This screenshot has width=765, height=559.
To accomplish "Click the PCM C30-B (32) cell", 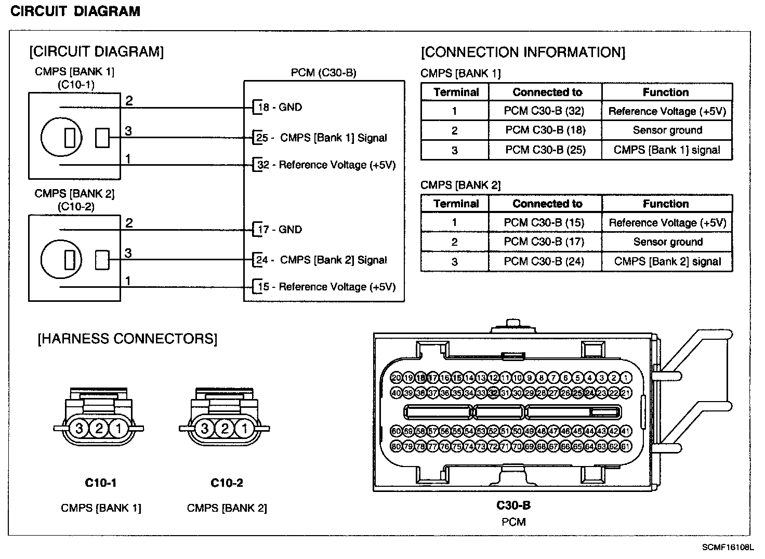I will (544, 111).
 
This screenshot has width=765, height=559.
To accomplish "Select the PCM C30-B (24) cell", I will (544, 261).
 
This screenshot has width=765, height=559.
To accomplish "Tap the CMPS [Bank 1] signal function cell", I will (667, 150).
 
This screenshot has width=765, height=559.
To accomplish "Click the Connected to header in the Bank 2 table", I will (547, 204).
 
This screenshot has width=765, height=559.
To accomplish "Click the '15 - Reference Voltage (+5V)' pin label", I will (326, 287).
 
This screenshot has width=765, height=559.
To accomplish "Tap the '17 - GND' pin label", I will (280, 229).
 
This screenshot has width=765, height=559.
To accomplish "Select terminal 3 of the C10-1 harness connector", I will (80, 429).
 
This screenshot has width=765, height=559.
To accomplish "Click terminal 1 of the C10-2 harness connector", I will (244, 429).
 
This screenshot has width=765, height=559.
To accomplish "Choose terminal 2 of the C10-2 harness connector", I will (225, 429).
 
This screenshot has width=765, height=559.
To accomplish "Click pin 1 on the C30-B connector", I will (626, 378).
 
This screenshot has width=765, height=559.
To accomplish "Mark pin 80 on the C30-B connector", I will (396, 446).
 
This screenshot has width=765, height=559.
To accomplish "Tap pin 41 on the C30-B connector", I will (626, 431).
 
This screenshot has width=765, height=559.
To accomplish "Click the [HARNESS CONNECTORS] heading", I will (127, 339).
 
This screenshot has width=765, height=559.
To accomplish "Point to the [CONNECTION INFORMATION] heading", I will (523, 52).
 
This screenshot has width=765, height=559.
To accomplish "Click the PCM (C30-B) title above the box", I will (323, 73).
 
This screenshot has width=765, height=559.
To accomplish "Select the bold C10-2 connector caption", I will (227, 483).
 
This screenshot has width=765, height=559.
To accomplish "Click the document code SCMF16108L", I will (728, 547).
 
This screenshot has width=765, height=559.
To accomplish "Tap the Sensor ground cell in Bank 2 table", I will (667, 242).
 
